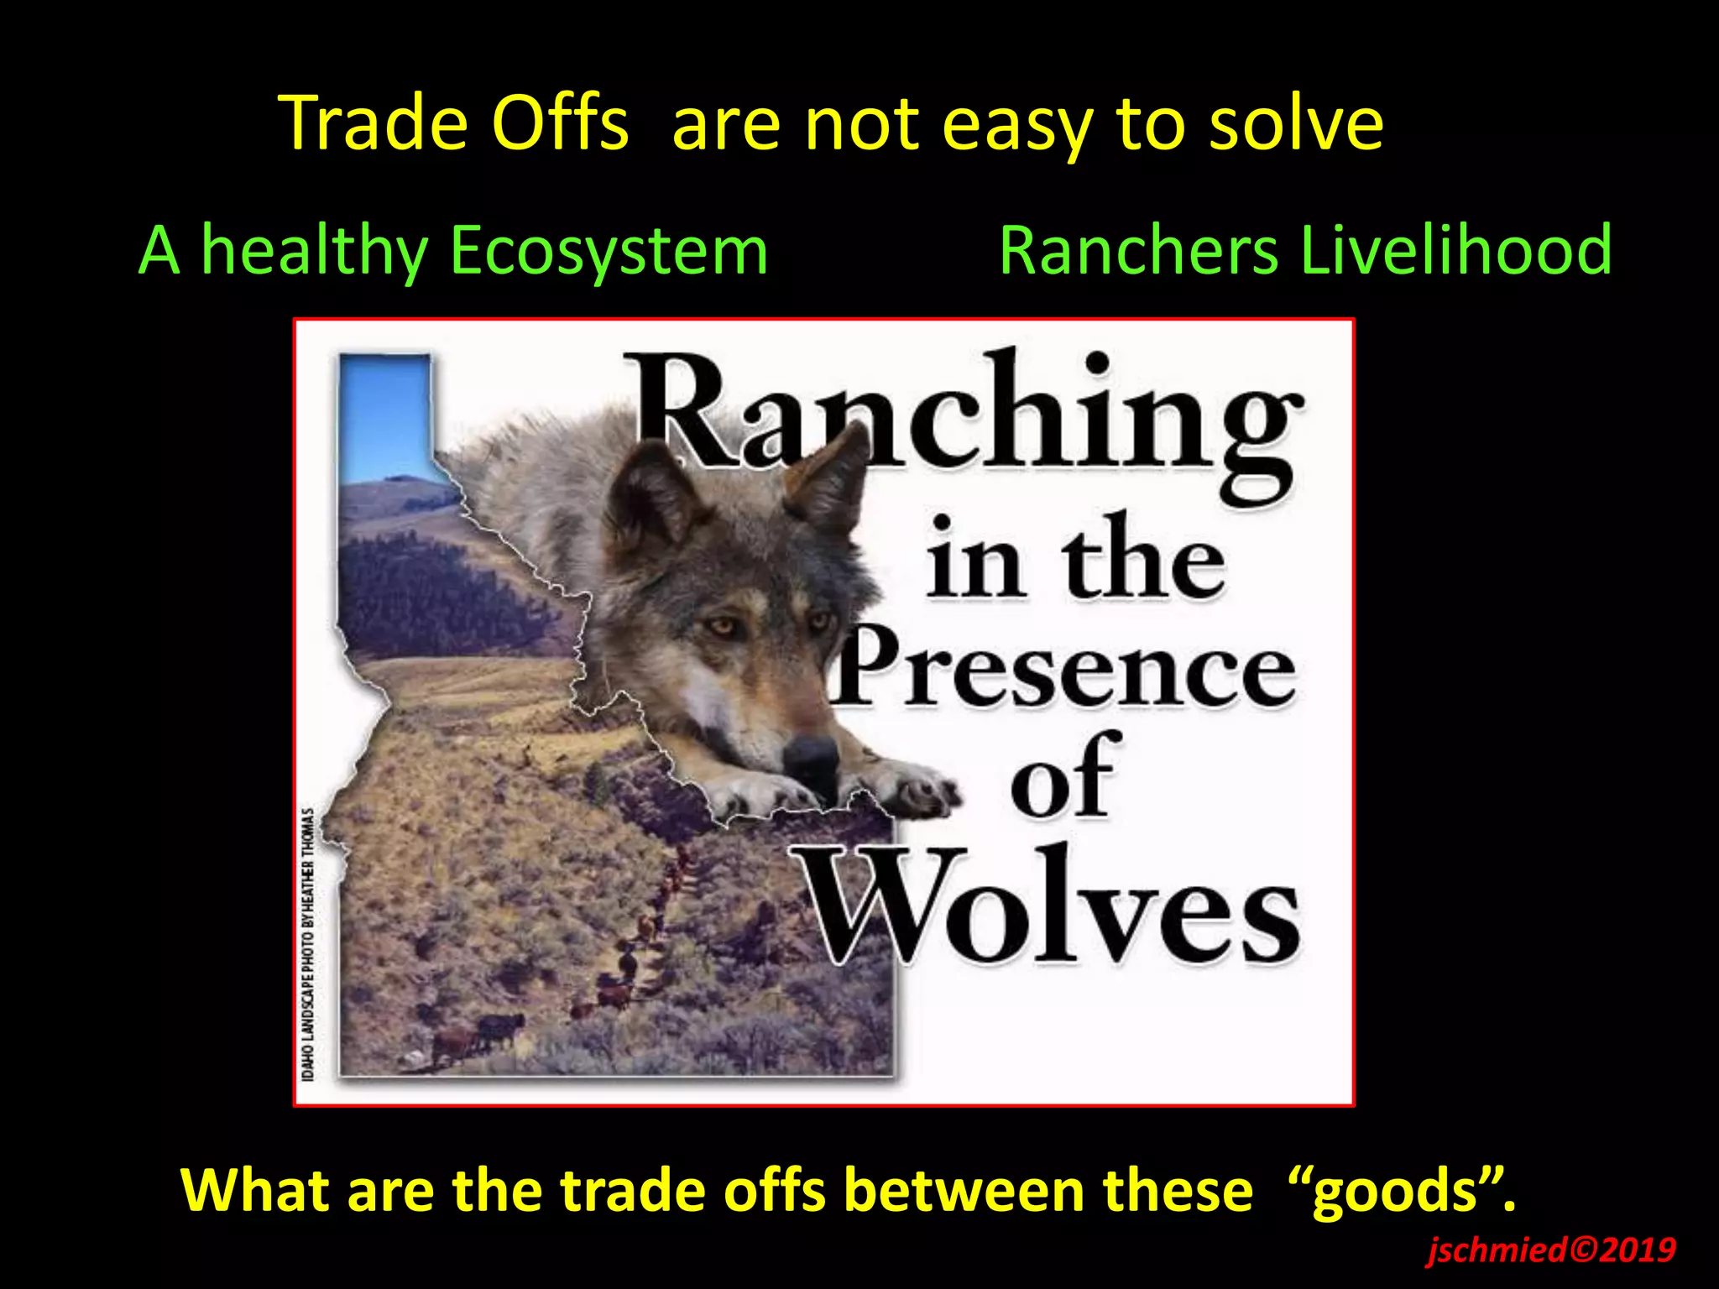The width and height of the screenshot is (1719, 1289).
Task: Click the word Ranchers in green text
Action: pos(1137,251)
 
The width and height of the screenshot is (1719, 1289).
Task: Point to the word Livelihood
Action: pos(1455,251)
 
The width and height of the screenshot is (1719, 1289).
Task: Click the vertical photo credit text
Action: pos(309,944)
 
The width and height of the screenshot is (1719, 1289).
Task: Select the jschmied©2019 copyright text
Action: pos(1549,1250)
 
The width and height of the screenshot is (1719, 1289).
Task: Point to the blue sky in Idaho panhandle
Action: pos(384,411)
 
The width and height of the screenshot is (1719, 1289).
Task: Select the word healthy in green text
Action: pos(315,251)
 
